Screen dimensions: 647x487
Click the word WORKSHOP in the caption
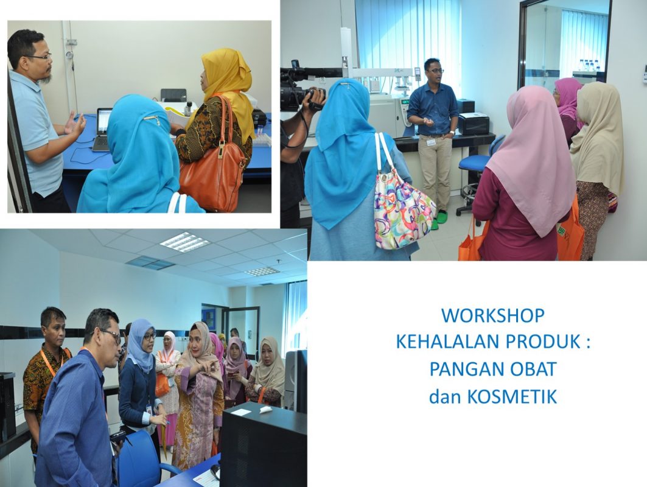click(493, 316)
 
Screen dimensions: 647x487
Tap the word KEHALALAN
click(447, 342)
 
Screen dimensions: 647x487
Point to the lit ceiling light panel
click(184, 242)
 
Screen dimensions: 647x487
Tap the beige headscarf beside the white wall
click(598, 136)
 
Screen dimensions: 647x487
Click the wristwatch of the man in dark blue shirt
click(453, 133)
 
